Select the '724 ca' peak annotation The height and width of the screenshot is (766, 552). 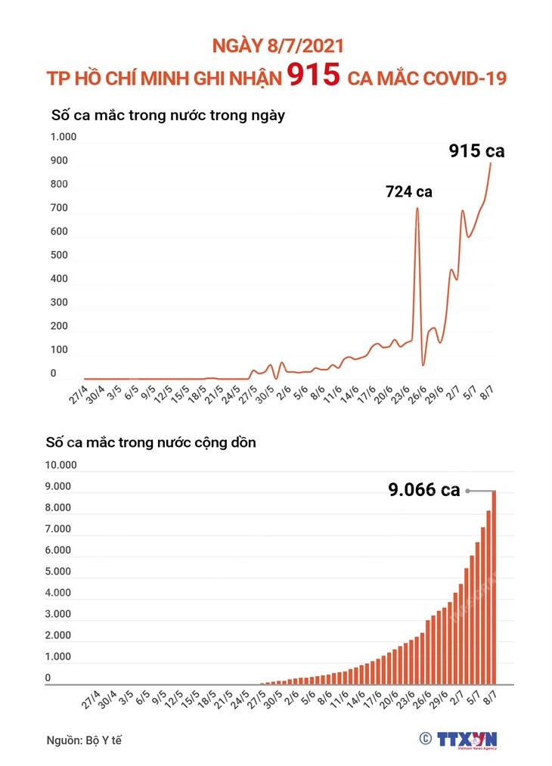point(408,191)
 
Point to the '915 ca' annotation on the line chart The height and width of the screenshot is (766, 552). point(476,151)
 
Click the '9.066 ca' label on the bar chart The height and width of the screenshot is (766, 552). point(424,490)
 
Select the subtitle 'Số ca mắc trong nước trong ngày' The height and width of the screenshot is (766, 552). point(167,116)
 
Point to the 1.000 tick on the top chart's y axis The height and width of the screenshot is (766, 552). point(64,137)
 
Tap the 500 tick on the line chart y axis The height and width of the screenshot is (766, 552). point(59,255)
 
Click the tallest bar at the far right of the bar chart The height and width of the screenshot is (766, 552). point(495,587)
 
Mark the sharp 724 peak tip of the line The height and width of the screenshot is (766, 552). point(417,208)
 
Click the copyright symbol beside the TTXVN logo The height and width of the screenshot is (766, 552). point(425,738)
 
